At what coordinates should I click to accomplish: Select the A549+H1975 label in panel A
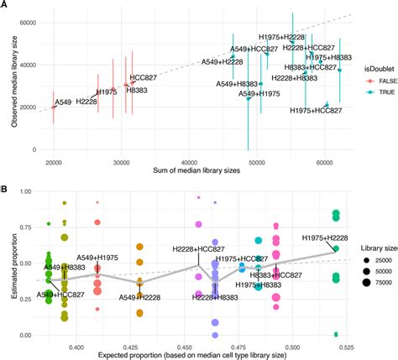[x=259, y=94]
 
